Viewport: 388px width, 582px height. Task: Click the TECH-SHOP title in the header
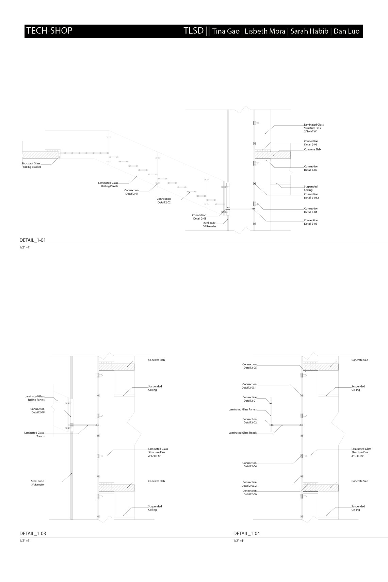[49, 31]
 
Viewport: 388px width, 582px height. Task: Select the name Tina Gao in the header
[226, 31]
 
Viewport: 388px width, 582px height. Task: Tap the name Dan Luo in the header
[346, 31]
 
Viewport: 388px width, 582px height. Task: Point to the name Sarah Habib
[309, 31]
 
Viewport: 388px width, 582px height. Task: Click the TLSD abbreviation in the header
[193, 31]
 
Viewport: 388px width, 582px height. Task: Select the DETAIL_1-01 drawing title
[33, 240]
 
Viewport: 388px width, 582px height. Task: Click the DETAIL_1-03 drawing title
[33, 533]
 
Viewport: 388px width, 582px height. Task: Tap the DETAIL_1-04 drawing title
[246, 533]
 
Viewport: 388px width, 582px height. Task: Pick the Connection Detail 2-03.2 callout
[249, 484]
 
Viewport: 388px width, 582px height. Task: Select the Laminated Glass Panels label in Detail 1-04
[242, 409]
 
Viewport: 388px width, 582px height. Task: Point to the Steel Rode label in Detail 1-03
[37, 483]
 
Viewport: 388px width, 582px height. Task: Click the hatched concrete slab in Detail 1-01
[273, 155]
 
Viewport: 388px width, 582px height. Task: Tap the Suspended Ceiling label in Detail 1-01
[310, 188]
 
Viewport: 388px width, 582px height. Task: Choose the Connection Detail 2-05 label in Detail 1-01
[311, 168]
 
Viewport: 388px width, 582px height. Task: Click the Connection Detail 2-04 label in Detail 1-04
[249, 465]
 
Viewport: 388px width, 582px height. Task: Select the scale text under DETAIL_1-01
[25, 247]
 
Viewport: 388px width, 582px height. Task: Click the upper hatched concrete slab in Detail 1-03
[116, 367]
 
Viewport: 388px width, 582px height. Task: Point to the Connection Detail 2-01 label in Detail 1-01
[131, 192]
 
